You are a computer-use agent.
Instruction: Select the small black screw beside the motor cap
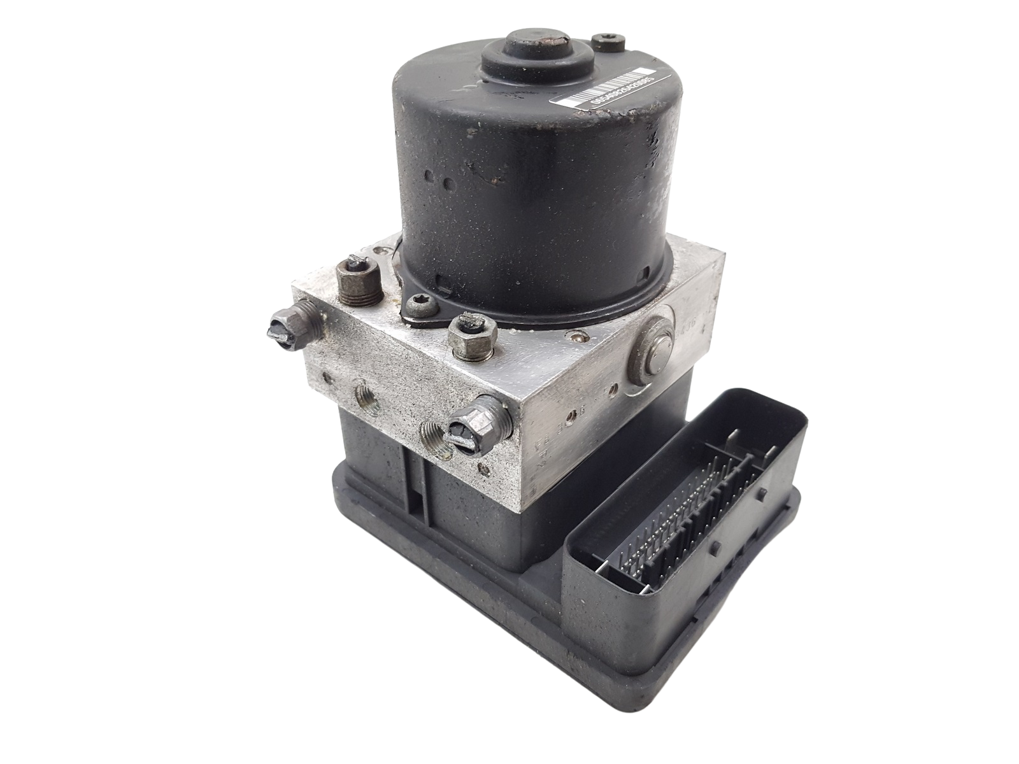pyautogui.click(x=602, y=43)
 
